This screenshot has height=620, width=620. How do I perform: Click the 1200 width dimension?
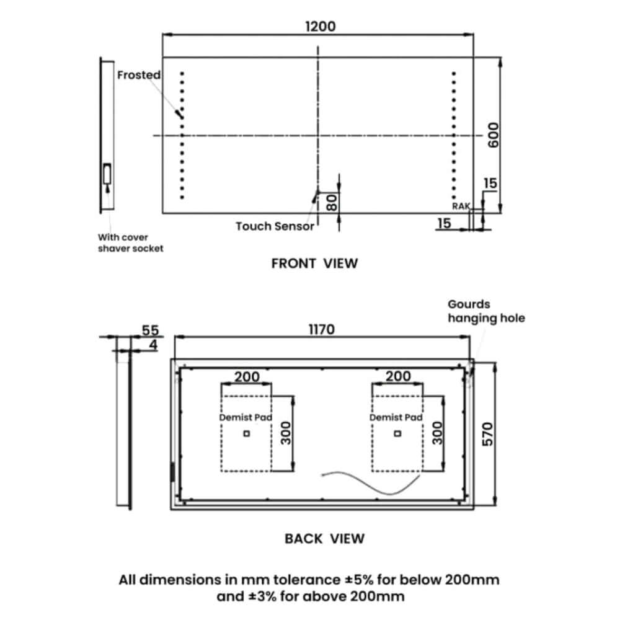[x=321, y=27]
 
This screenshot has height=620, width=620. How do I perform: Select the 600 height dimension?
[x=493, y=135]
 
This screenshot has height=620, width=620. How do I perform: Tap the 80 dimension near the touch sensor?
[x=332, y=203]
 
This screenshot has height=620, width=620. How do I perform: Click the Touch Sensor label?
[x=275, y=226]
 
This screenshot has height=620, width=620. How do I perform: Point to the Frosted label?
[x=139, y=75]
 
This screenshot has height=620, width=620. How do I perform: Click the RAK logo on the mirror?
[x=461, y=206]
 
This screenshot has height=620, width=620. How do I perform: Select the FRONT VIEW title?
[x=314, y=263]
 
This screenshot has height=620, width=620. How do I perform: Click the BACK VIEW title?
[x=324, y=539]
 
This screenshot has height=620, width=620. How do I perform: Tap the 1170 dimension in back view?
[x=321, y=329]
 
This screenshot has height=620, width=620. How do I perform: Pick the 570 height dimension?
[x=487, y=434]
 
